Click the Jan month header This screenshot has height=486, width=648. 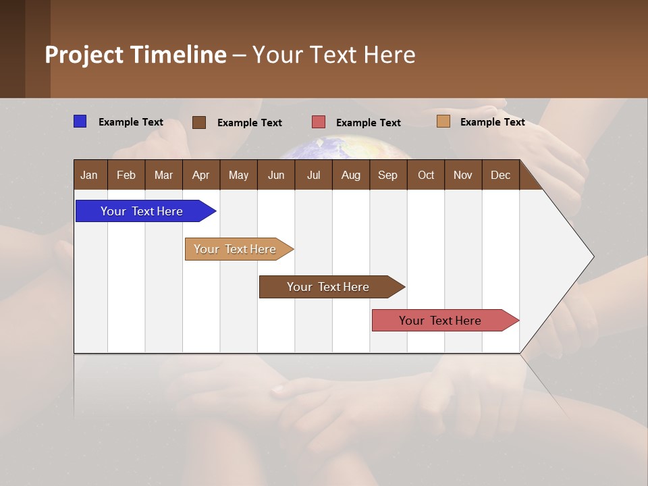(90, 175)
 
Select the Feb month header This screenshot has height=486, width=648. (126, 175)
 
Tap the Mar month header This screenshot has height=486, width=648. (163, 175)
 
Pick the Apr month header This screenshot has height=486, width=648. (201, 175)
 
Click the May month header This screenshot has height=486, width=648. (238, 175)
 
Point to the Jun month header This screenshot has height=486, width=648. (276, 175)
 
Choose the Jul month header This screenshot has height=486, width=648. (313, 175)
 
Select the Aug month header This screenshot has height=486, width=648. (351, 175)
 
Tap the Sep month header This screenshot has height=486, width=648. (388, 175)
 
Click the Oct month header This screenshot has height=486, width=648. (426, 175)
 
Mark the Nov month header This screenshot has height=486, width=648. (463, 175)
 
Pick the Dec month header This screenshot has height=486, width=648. (501, 175)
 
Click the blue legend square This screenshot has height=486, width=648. (80, 122)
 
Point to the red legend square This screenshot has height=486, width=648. (319, 122)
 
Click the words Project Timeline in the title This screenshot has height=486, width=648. (136, 55)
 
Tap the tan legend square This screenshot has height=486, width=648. (443, 122)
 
